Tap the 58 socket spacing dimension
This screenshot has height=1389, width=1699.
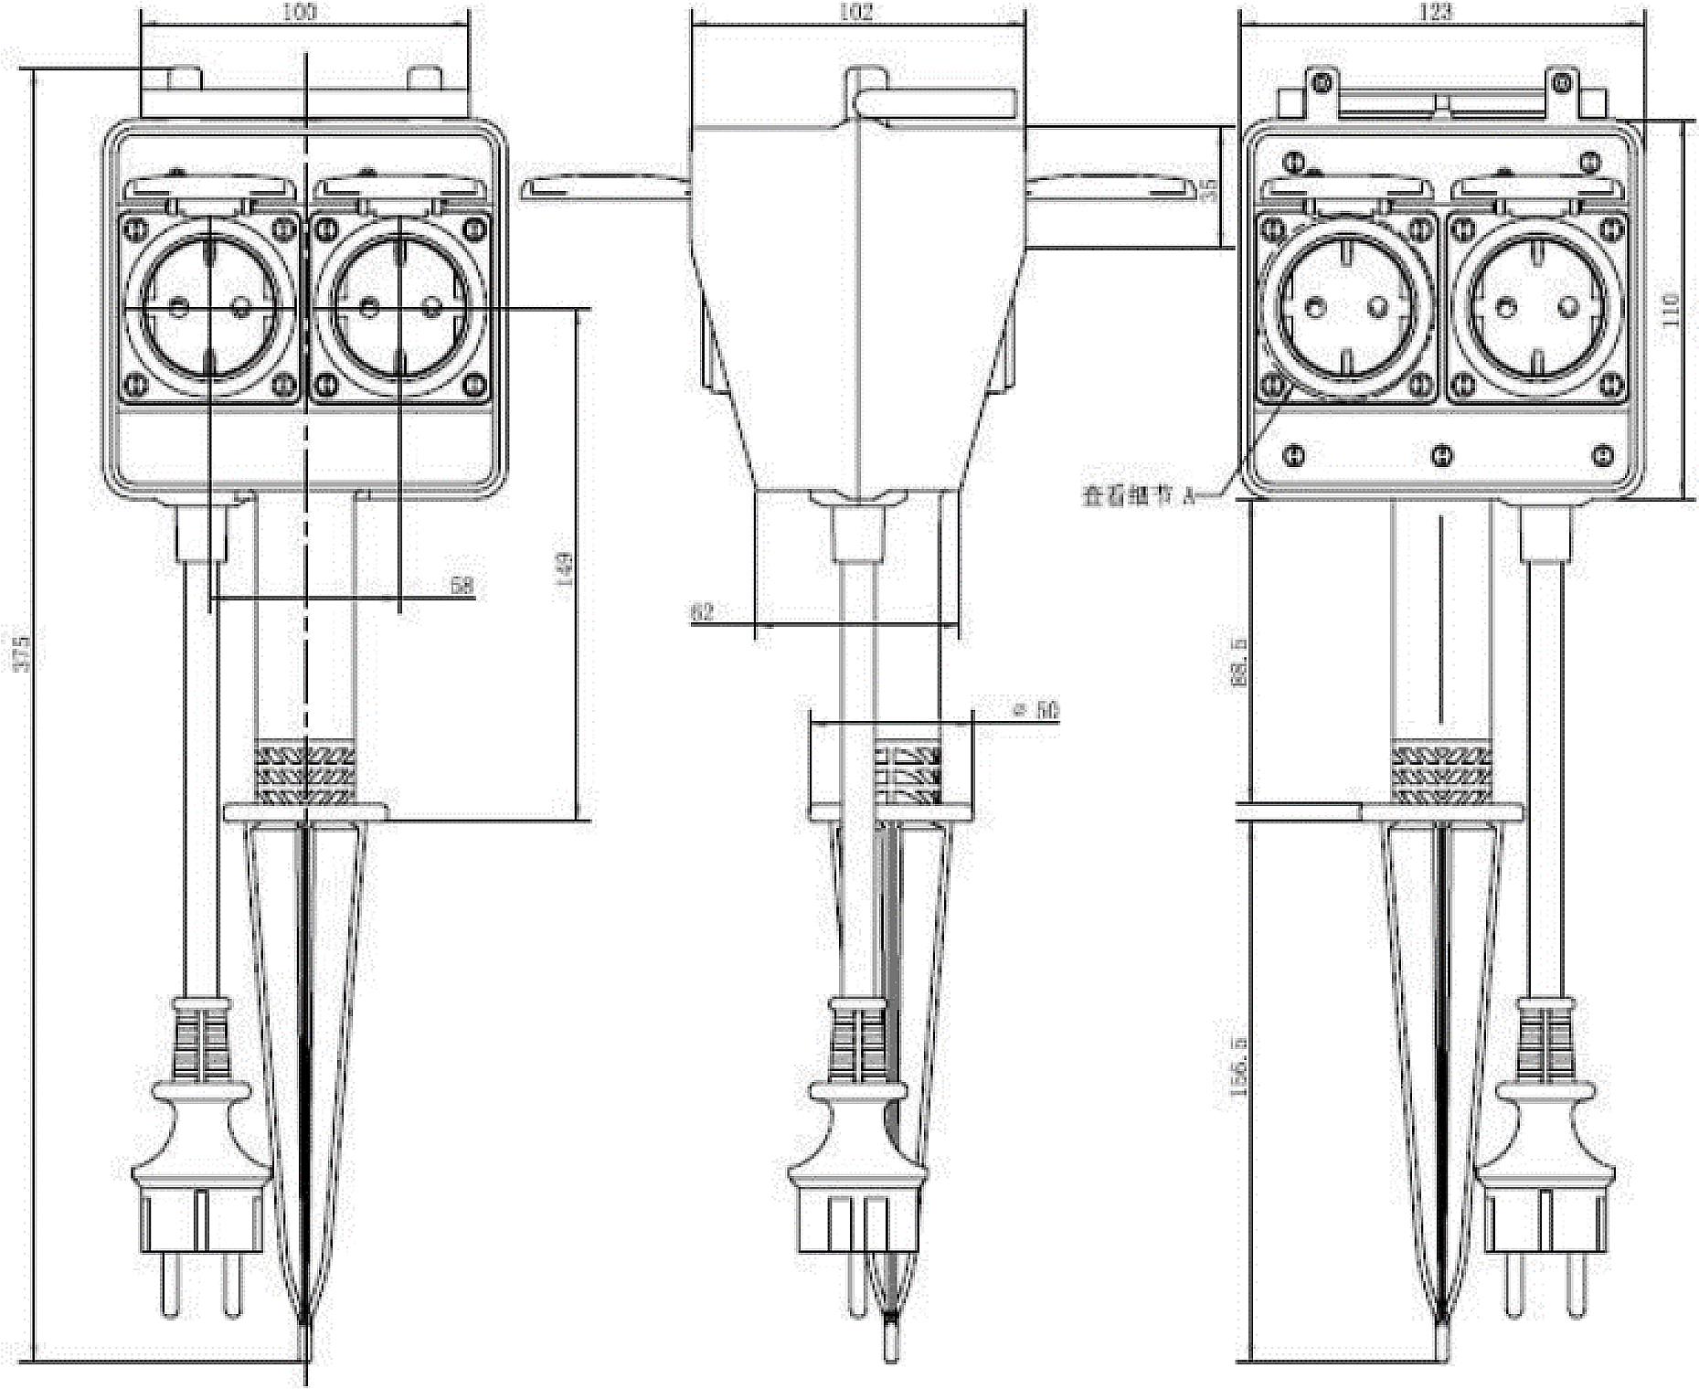(463, 585)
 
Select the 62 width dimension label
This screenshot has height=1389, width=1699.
(702, 611)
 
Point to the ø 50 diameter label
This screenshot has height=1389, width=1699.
(1036, 709)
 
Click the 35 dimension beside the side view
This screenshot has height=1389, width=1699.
(1208, 189)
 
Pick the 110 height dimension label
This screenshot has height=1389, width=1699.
(1671, 311)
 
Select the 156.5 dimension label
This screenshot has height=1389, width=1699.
(1239, 1066)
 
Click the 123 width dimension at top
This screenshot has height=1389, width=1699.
(1436, 12)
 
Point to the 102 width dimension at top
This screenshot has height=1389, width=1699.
(855, 12)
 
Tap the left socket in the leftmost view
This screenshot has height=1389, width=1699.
(209, 308)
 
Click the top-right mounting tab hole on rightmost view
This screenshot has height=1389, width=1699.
(1562, 83)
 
